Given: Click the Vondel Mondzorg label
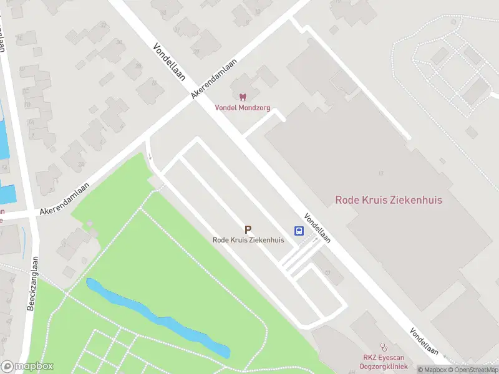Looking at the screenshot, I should pyautogui.click(x=243, y=107).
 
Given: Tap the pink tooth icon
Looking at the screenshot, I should pyautogui.click(x=243, y=97).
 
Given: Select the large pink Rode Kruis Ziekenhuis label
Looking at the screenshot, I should pyautogui.click(x=389, y=200).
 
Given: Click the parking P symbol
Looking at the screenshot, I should pyautogui.click(x=248, y=230).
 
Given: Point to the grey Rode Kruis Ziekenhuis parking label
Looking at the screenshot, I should pyautogui.click(x=248, y=240).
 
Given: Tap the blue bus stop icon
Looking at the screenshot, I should pyautogui.click(x=299, y=231).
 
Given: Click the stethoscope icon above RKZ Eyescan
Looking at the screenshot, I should pyautogui.click(x=384, y=347).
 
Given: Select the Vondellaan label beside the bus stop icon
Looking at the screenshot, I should pyautogui.click(x=317, y=228).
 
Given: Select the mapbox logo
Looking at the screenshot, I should pyautogui.click(x=27, y=366).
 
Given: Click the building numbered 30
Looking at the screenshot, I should pyautogui.click(x=119, y=42).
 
